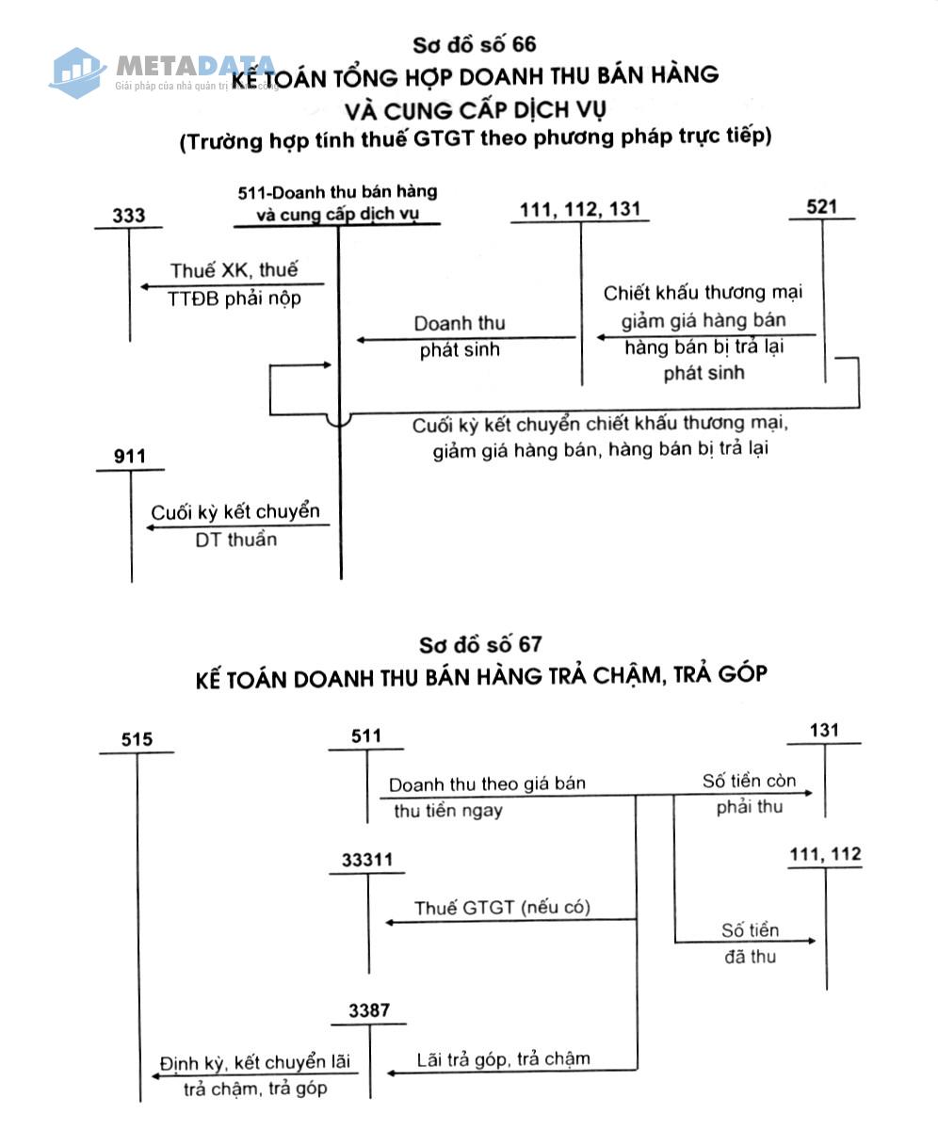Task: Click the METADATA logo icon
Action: click(x=77, y=73)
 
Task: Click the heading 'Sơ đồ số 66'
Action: click(x=474, y=45)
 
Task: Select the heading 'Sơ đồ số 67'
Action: click(x=480, y=644)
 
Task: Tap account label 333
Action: click(x=129, y=216)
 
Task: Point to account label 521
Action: click(x=821, y=207)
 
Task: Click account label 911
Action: click(x=130, y=456)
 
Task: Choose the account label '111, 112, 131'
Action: click(x=580, y=209)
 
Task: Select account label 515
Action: click(x=137, y=739)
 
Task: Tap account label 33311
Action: click(x=367, y=860)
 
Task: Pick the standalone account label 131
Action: click(x=824, y=731)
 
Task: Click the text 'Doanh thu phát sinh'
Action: click(x=460, y=336)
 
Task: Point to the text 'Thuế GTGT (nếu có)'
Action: click(x=502, y=908)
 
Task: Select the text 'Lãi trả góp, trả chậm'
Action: click(x=503, y=1059)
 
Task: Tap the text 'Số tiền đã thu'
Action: click(x=751, y=944)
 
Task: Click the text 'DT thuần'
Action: click(x=236, y=540)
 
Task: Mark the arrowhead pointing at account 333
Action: click(x=145, y=286)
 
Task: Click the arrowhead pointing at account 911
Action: click(x=151, y=527)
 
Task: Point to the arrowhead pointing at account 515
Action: click(x=156, y=1076)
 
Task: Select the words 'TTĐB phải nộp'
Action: click(x=234, y=299)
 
